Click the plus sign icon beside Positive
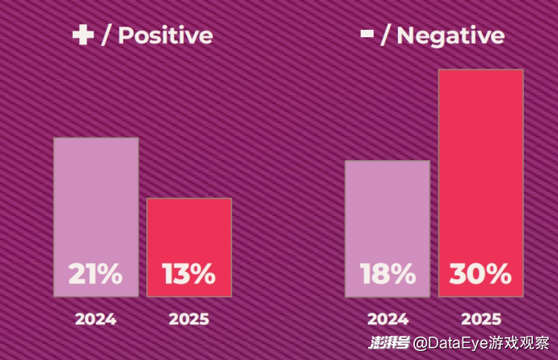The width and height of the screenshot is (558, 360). tap(83, 36)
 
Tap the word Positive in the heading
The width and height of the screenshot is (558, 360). tap(165, 36)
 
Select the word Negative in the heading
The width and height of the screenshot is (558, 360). tap(450, 36)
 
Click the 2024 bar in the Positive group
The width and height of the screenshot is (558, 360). tap(96, 202)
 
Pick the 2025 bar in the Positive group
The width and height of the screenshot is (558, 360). tap(189, 235)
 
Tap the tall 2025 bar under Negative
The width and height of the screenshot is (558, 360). tap(481, 162)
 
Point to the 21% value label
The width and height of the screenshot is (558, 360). tap(95, 274)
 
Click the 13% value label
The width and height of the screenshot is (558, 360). tap(189, 274)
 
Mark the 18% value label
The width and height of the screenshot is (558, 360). tap(387, 274)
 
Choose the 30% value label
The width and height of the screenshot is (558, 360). tap(481, 274)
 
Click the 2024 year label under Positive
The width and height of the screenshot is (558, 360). tap(95, 319)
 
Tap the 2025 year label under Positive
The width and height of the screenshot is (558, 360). tap(189, 319)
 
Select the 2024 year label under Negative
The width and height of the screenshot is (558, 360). tap(387, 319)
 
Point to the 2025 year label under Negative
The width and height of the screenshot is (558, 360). tap(481, 319)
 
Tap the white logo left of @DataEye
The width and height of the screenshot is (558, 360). tap(389, 344)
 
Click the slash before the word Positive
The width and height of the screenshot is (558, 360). tap(106, 36)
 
